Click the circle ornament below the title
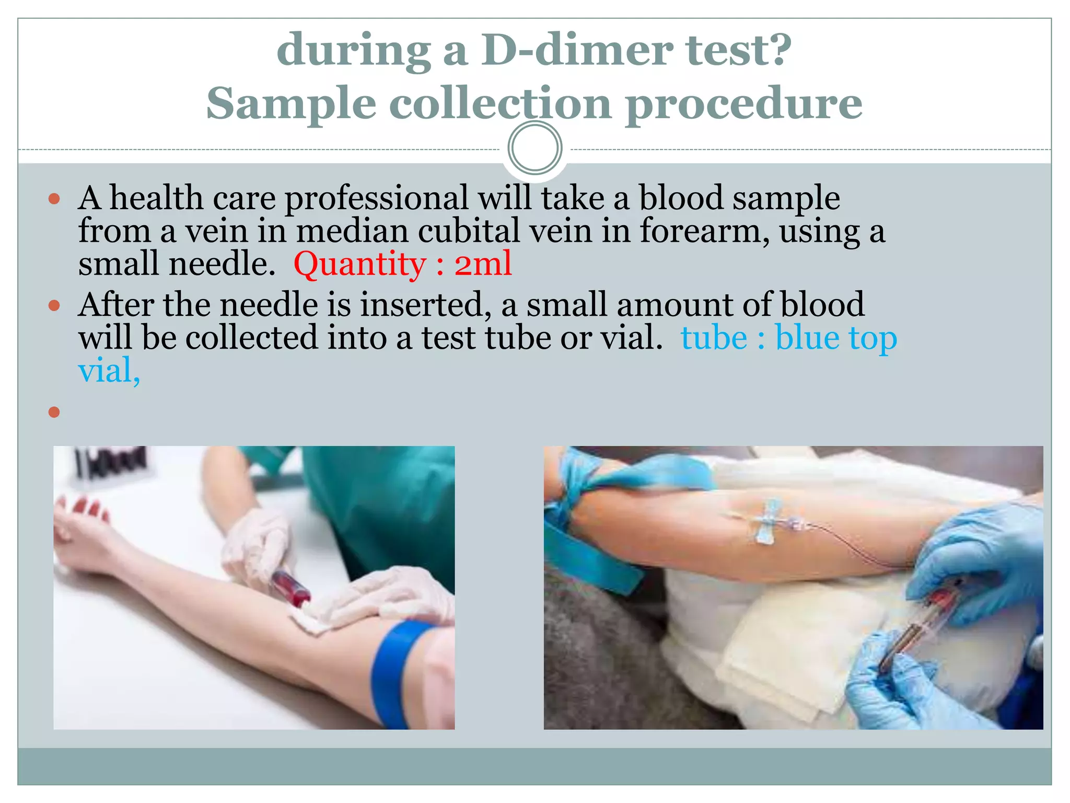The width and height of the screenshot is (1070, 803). pyautogui.click(x=534, y=148)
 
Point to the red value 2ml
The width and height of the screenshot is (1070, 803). pyautogui.click(x=483, y=264)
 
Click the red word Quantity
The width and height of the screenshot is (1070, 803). pyautogui.click(x=360, y=264)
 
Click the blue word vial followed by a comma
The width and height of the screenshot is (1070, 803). pyautogui.click(x=109, y=371)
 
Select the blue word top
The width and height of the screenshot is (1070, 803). pyautogui.click(x=873, y=338)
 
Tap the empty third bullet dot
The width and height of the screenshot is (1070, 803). pyautogui.click(x=54, y=412)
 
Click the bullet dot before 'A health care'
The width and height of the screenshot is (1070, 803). pyautogui.click(x=54, y=199)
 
